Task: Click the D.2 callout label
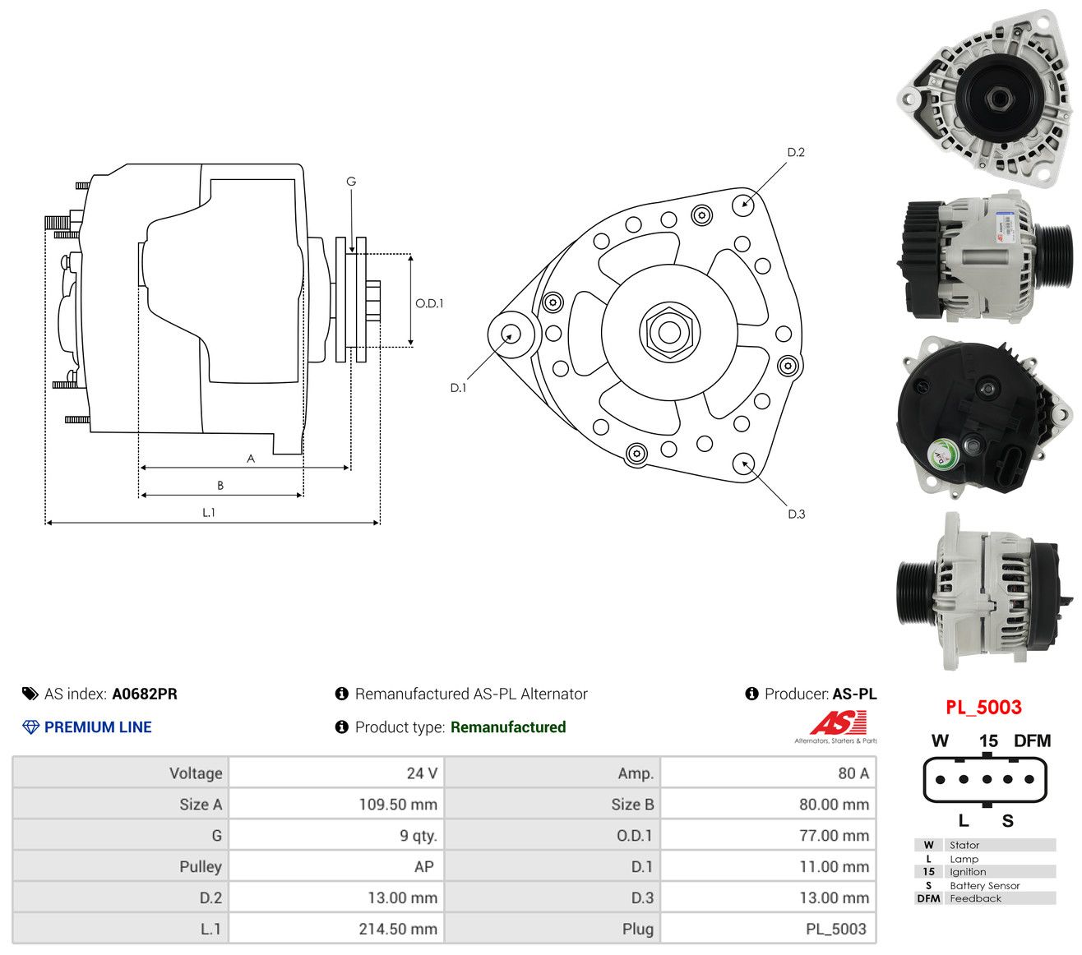click(x=795, y=152)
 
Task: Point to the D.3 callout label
click(x=796, y=514)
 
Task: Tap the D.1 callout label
click(x=458, y=388)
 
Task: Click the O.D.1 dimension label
click(x=429, y=303)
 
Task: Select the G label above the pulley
click(x=351, y=182)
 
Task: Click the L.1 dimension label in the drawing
click(x=208, y=513)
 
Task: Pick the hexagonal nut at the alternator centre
click(x=669, y=332)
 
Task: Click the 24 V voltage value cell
click(x=422, y=773)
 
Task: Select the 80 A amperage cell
click(x=853, y=773)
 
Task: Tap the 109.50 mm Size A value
click(x=398, y=804)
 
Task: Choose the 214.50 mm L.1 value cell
click(x=398, y=929)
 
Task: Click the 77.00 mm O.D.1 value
click(x=835, y=836)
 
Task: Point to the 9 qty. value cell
click(x=418, y=836)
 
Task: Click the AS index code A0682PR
click(x=144, y=694)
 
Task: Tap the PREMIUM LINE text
click(x=98, y=727)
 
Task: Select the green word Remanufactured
click(x=508, y=727)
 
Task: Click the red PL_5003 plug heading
click(x=983, y=708)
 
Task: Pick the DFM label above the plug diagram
click(x=1032, y=741)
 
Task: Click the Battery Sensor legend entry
click(x=984, y=886)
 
